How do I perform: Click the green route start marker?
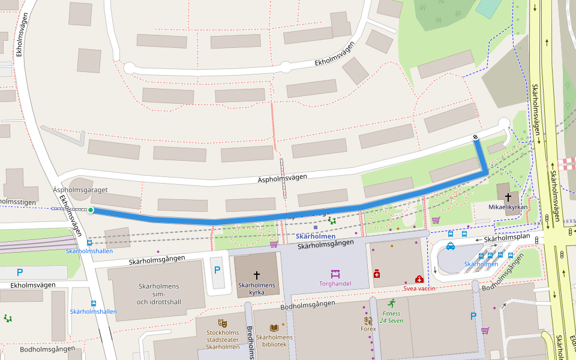91,210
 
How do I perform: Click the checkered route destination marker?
476,138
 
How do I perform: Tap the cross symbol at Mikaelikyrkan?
509,196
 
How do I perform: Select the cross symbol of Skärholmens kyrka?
257,275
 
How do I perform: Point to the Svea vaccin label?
419,289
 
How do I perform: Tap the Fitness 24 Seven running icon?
392,303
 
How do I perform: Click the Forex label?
368,329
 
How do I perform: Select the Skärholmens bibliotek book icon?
274,328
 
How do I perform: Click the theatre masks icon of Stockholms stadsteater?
223,323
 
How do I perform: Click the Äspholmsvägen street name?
282,178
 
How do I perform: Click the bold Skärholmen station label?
315,236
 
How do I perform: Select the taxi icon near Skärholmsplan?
451,246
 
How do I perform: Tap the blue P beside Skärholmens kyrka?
217,270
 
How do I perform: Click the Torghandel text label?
335,284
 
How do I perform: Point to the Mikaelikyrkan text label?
509,206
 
